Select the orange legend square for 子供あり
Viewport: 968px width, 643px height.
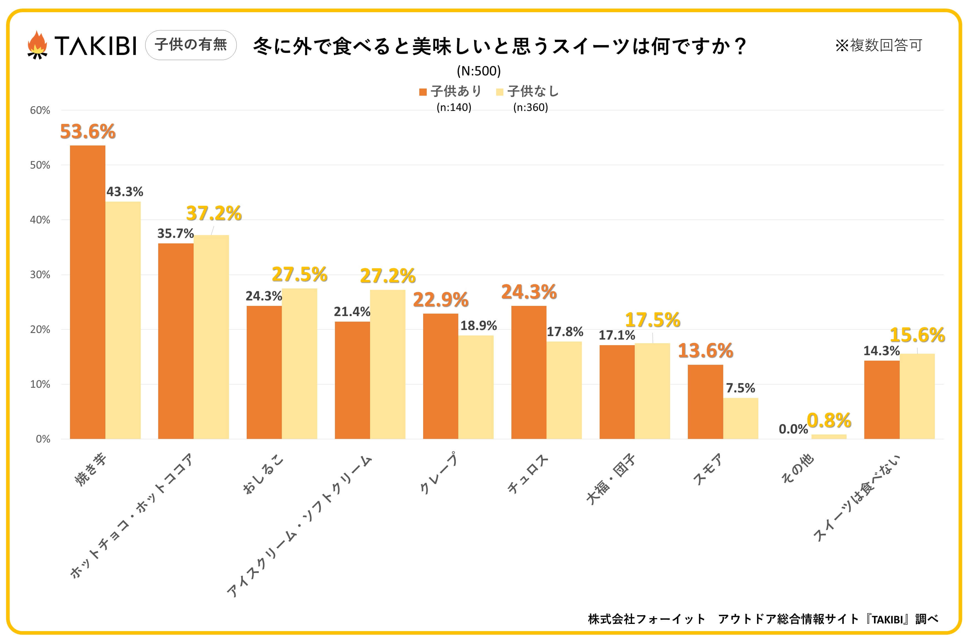tap(423, 92)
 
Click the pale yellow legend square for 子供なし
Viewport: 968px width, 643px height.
tap(499, 92)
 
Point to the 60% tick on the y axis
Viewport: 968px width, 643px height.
tap(40, 110)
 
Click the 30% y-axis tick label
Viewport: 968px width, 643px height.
tap(40, 275)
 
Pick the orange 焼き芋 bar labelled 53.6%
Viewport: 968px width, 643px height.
tap(87, 292)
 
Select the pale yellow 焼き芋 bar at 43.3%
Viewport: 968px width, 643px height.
tap(123, 320)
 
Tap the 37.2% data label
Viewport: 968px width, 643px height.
tap(214, 213)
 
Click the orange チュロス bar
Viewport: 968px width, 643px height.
tap(529, 372)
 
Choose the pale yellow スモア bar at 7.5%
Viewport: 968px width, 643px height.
tap(740, 418)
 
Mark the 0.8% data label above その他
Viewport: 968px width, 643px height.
tap(829, 421)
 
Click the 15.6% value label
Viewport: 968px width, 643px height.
tap(917, 335)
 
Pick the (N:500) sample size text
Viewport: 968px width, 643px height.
tap(478, 71)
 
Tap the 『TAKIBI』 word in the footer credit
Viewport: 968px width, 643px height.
tap(886, 619)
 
